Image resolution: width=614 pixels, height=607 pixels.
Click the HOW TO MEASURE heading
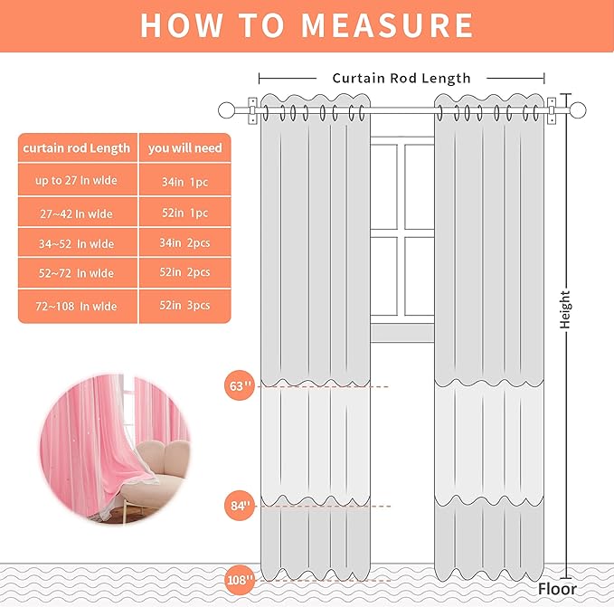coord(307,25)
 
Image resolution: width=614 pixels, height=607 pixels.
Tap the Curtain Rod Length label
coord(401,79)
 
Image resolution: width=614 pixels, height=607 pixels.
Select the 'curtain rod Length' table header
coord(77,148)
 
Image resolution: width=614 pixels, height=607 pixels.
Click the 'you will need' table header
coord(185,148)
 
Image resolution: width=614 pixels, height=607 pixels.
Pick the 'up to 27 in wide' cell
coord(76,181)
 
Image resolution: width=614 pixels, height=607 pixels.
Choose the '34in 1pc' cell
coord(185,182)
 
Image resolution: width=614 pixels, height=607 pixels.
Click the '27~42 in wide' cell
coord(76,213)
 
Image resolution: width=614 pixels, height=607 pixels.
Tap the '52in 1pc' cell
coord(185,213)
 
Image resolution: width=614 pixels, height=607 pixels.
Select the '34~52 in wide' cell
coord(76,244)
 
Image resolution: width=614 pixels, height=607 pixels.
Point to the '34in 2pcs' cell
coord(185,244)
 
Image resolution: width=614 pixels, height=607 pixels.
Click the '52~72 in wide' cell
coord(76,273)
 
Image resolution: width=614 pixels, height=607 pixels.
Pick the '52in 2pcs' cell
coord(185,273)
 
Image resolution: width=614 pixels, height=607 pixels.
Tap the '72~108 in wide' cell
coord(76,307)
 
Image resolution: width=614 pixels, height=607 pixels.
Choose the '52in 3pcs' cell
coord(185,306)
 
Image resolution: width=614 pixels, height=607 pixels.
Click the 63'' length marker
coord(239,386)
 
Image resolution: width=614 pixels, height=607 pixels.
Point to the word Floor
coord(557,589)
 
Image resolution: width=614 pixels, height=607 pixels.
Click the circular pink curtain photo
coord(116,449)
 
